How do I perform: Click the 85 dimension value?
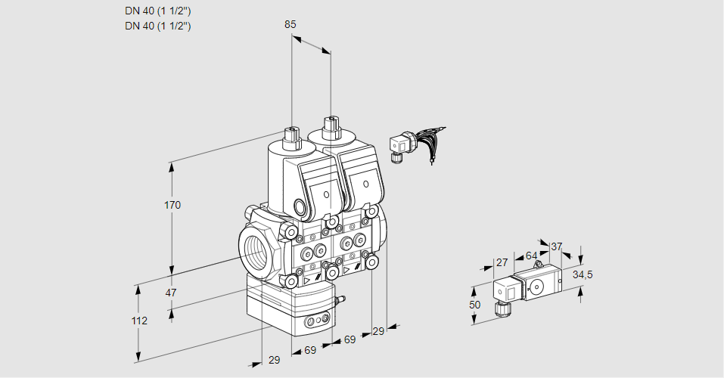pos(291,24)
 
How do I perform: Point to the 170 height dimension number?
pos(173,205)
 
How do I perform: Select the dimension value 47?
pos(171,293)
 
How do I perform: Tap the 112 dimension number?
pos(138,321)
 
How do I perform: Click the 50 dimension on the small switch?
pos(474,305)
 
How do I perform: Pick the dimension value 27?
pos(501,262)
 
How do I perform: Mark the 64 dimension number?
pos(531,256)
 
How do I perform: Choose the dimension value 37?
pos(557,246)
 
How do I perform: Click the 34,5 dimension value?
pos(582,274)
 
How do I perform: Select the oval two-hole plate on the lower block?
pos(317,323)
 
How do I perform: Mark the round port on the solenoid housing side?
pos(300,207)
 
